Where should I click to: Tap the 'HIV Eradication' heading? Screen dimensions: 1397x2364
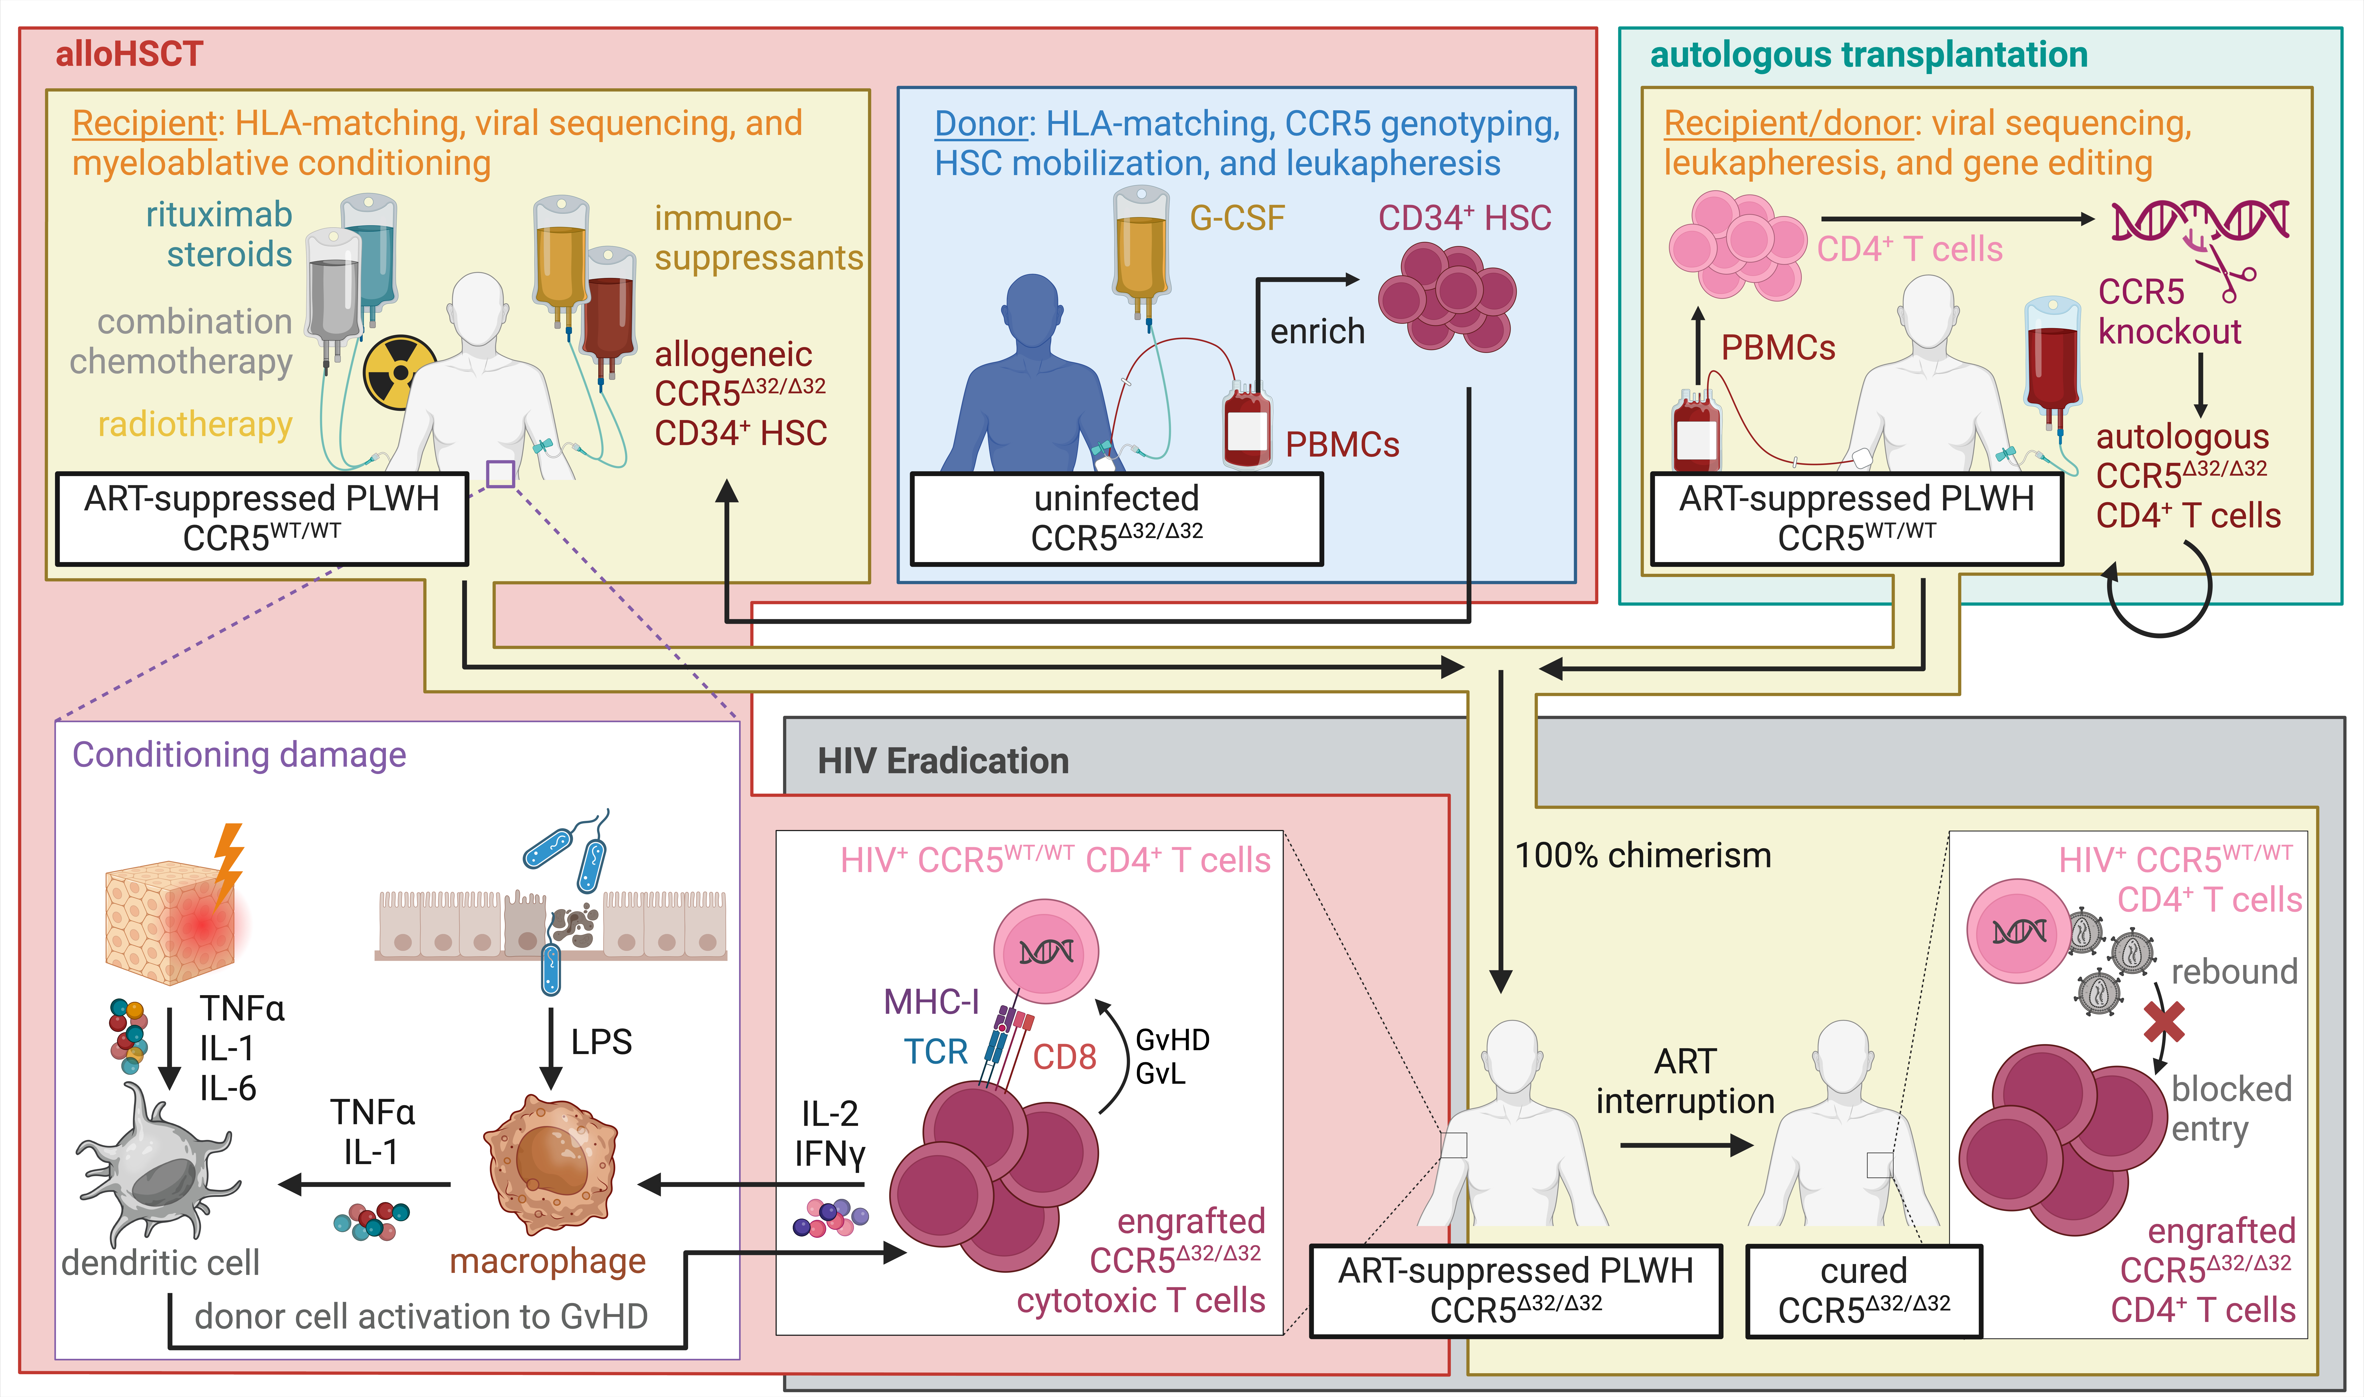(943, 761)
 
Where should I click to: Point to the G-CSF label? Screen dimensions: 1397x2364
(1237, 218)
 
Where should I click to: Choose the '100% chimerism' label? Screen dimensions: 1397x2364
(1642, 855)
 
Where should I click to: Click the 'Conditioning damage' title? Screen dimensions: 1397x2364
(239, 755)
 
